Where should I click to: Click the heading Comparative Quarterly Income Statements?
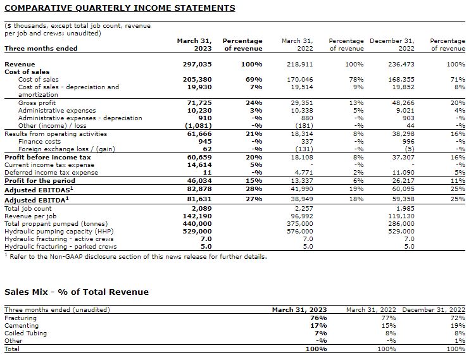[x=120, y=8]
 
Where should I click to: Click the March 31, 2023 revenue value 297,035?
[x=196, y=65]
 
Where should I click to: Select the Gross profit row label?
[x=37, y=102]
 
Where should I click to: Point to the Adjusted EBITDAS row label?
[x=39, y=190]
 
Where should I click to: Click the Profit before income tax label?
[x=47, y=157]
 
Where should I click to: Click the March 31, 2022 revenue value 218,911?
[x=300, y=65]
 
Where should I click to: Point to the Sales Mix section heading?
[x=77, y=292]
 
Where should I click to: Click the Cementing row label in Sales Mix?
[x=22, y=326]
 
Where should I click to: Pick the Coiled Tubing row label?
[x=26, y=333]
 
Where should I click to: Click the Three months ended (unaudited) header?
[x=57, y=309]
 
